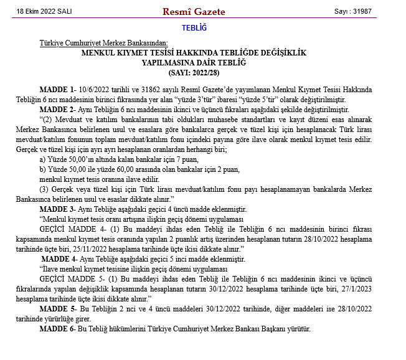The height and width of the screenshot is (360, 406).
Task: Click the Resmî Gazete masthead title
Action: pos(194,12)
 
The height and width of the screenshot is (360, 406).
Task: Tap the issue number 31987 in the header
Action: pos(365,12)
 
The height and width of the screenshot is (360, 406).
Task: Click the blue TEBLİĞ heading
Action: pos(194,28)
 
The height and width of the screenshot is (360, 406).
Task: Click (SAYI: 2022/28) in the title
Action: pos(194,72)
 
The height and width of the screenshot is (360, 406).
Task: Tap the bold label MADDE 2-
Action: pos(57,108)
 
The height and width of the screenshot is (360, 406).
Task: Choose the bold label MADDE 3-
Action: pos(57,208)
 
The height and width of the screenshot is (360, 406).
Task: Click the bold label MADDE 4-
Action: pos(59,258)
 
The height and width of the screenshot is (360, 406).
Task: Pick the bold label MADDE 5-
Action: pos(57,309)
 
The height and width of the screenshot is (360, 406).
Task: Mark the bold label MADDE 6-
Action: pos(57,328)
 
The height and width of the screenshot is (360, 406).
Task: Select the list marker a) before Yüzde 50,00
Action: pos(42,160)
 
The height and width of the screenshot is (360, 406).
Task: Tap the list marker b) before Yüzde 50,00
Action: pos(42,169)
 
